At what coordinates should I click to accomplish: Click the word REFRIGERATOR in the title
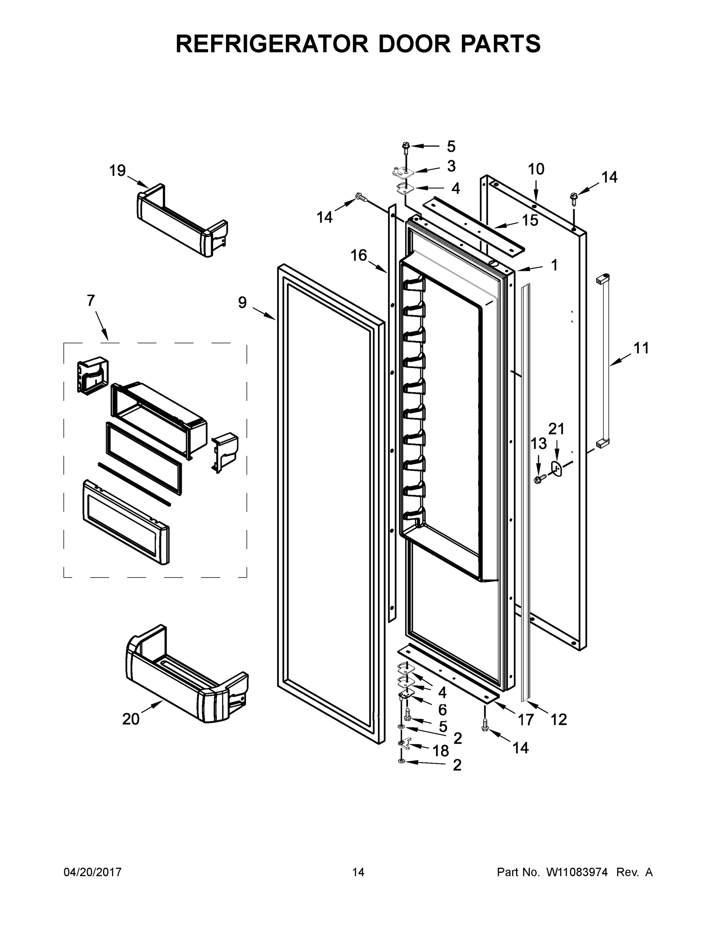coord(272,44)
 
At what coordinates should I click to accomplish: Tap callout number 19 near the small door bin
coord(117,171)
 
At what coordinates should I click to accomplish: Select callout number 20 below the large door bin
coord(130,719)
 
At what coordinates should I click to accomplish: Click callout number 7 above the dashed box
coord(91,301)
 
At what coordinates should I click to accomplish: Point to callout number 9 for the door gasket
coord(242,303)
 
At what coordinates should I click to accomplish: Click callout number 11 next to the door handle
coord(642,348)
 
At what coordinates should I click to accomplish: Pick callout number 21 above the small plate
coord(557,429)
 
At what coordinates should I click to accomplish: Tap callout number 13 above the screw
coord(539,444)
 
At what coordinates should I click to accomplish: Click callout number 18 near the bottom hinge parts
coord(441,751)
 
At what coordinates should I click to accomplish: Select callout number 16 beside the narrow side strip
coord(359,256)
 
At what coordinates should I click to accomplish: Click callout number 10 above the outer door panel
coord(536,169)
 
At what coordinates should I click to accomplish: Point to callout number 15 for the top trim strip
coord(530,220)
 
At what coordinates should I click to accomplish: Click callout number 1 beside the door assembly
coord(554,265)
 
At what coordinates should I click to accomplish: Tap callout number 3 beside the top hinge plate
coord(451,166)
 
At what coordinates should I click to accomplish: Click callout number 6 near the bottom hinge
coord(442,709)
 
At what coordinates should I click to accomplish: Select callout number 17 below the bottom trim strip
coord(526,719)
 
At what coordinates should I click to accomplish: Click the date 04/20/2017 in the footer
coord(93,872)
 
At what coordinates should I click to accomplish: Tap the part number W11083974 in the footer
coord(577,872)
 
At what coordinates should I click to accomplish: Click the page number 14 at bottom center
coord(358,872)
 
